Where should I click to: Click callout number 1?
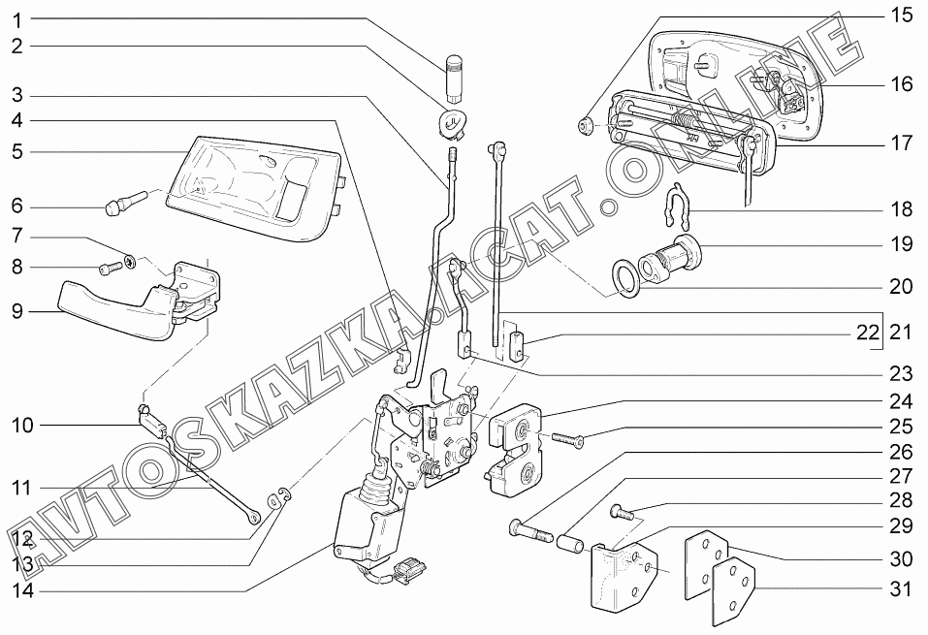(x=17, y=19)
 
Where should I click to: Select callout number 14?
(x=22, y=589)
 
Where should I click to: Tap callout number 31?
(x=902, y=588)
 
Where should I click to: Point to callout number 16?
(x=902, y=84)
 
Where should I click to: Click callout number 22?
(x=868, y=333)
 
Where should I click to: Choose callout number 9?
(x=17, y=311)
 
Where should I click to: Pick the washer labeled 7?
(x=130, y=259)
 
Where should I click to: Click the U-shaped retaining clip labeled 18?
(x=675, y=207)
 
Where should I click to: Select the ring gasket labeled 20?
(x=625, y=279)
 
